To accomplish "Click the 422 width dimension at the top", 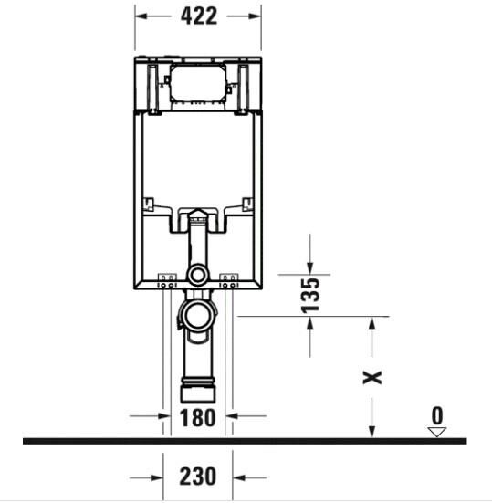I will click(197, 16).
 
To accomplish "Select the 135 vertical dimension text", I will click(310, 296).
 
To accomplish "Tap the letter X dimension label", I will click(372, 375).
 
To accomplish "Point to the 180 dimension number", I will click(197, 419).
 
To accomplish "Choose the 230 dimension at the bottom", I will click(197, 476).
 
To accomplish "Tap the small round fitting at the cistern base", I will click(197, 276).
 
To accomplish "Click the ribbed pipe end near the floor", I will click(197, 391).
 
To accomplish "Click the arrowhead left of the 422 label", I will click(142, 16).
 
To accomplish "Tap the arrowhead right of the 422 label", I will click(253, 16).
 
